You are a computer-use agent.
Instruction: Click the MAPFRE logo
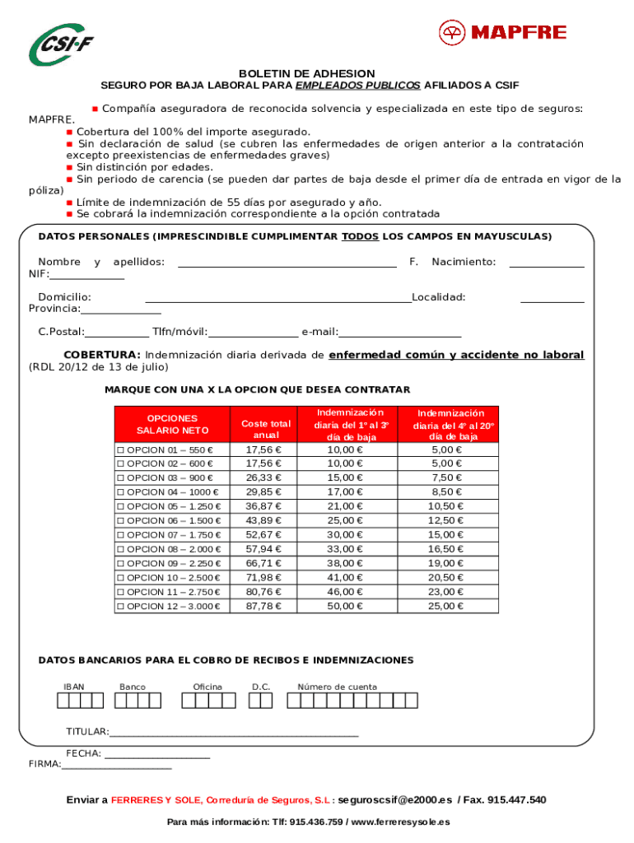click(502, 33)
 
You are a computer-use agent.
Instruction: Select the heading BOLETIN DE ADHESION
click(306, 73)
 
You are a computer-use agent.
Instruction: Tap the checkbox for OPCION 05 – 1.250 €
click(120, 506)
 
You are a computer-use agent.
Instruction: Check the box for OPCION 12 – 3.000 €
click(120, 607)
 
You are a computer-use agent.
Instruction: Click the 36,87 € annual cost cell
click(264, 506)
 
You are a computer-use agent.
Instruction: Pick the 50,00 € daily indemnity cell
click(344, 607)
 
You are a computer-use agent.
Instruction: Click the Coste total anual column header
click(264, 428)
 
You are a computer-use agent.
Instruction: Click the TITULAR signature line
click(234, 733)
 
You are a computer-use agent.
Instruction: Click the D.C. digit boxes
click(260, 701)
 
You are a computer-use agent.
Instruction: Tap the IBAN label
click(74, 687)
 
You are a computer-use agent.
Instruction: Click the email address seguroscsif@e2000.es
click(395, 800)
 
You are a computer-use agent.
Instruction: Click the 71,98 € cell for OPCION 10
click(264, 578)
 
